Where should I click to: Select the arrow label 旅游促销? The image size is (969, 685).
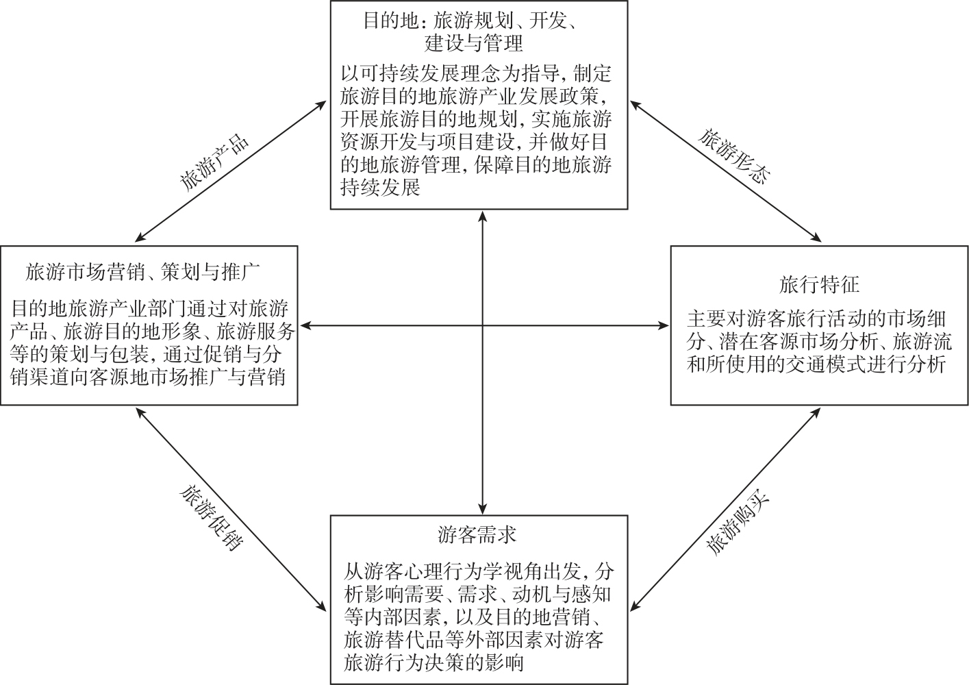click(212, 518)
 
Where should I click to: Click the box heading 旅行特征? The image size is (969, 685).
click(819, 285)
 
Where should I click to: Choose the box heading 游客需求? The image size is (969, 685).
click(477, 535)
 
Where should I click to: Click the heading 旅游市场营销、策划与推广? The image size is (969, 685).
click(142, 272)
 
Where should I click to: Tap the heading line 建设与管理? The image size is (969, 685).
click(474, 44)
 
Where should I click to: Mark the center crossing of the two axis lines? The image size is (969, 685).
click(483, 325)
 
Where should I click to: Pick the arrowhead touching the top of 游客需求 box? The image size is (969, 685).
click(483, 509)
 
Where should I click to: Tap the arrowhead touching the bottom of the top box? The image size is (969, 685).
click(483, 216)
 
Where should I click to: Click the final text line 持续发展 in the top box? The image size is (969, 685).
click(381, 188)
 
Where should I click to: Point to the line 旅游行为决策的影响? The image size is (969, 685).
click(434, 663)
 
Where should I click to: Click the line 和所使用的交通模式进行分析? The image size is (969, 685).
click(816, 364)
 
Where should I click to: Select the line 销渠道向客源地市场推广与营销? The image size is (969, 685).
click(148, 377)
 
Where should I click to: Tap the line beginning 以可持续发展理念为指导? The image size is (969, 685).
click(476, 74)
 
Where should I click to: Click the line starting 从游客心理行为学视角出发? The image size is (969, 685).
click(479, 572)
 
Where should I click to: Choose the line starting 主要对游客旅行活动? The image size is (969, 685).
click(816, 319)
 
